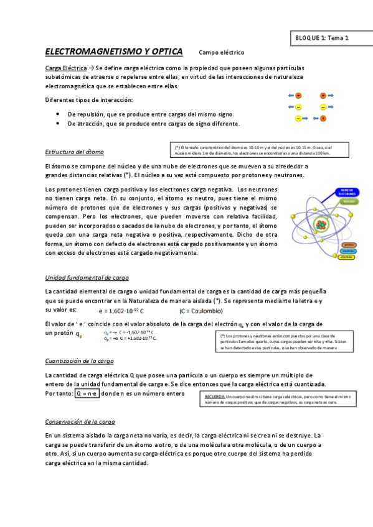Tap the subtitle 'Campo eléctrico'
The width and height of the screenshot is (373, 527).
(x=222, y=53)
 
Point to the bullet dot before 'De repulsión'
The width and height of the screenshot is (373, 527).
(x=57, y=114)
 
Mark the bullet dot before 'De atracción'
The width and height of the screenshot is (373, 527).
(x=57, y=124)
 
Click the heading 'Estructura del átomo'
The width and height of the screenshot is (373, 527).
(x=75, y=152)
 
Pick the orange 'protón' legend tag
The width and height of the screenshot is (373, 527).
(x=349, y=244)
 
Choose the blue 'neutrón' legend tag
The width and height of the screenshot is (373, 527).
(x=349, y=250)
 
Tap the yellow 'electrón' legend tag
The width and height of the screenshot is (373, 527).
(x=347, y=257)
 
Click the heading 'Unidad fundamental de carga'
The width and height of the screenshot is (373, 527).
(x=87, y=278)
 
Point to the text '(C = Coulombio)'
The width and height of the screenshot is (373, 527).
(x=201, y=311)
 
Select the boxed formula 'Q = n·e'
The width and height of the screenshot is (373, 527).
(x=87, y=393)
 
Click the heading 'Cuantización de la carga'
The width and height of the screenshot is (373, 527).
(x=80, y=361)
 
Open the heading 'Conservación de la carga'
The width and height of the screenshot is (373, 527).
(x=80, y=421)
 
